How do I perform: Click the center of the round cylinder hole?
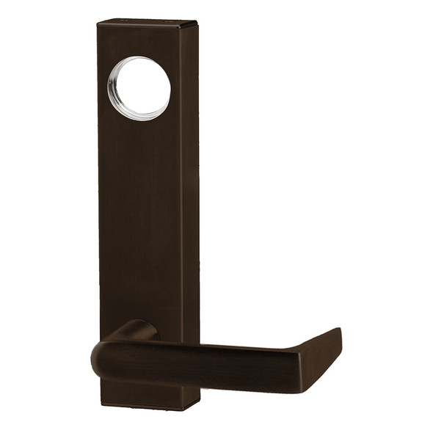pyautogui.click(x=139, y=87)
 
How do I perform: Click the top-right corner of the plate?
pyautogui.click(x=197, y=24)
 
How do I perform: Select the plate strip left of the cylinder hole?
pyautogui.click(x=103, y=88)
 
